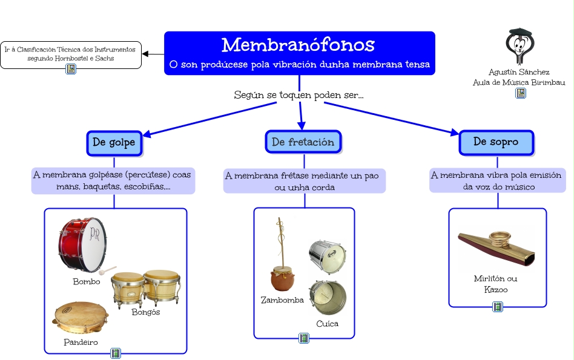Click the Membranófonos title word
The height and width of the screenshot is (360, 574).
tap(298, 45)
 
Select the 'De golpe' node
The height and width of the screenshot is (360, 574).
tap(114, 143)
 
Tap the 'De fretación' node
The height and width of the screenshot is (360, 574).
tap(303, 142)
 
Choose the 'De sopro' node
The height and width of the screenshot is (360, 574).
tap(495, 142)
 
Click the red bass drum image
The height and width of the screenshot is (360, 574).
tap(84, 244)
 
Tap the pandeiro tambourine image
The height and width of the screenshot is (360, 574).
tap(80, 317)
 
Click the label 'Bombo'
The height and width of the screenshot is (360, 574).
tap(87, 281)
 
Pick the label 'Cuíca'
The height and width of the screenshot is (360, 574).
tap(328, 324)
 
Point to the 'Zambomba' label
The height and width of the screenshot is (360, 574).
tap(282, 300)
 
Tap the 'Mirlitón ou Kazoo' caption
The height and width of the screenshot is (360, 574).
tap(496, 284)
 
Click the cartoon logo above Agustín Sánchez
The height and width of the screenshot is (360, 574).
tap(519, 46)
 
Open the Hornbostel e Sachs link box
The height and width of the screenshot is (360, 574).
tap(70, 54)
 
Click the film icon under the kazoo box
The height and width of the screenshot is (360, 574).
tap(498, 307)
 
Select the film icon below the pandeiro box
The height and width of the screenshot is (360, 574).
tap(116, 353)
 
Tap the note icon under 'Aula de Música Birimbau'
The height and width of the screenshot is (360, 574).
tap(520, 93)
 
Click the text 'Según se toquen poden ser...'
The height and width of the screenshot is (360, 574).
tap(299, 95)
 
